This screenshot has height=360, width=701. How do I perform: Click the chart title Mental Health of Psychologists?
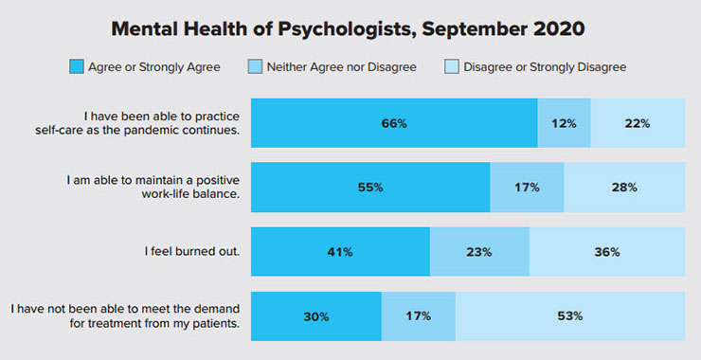coord(348,27)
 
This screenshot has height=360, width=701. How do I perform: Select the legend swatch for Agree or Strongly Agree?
coord(77,67)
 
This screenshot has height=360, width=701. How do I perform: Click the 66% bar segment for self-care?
coord(394,123)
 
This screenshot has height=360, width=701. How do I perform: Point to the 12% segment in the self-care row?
coord(564,123)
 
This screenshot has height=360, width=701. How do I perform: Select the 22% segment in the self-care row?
coord(638,123)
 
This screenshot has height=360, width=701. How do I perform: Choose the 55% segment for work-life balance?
coord(370,188)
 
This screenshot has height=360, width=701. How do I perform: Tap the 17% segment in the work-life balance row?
coord(527,188)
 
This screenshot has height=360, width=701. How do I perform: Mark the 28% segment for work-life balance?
coord(624,188)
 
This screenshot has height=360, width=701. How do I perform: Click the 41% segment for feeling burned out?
coord(340,252)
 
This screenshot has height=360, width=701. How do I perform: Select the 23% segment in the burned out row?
coord(479,252)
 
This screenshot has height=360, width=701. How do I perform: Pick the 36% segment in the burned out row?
coord(607,252)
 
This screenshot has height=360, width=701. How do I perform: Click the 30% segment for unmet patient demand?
coord(316,316)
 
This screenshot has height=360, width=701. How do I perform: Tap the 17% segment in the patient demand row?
coord(418,316)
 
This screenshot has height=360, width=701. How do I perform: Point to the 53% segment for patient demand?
coord(570,316)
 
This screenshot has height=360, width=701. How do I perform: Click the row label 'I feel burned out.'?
coord(192,252)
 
